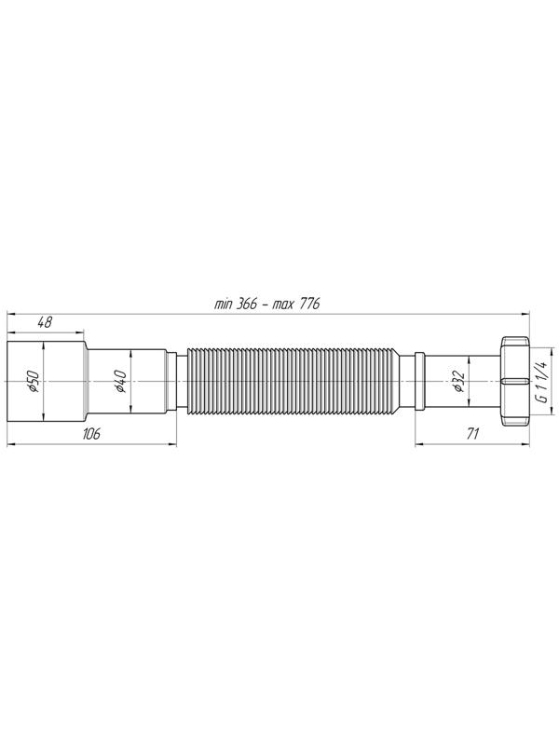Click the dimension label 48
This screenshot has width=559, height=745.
click(45, 322)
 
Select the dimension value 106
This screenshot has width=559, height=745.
click(91, 433)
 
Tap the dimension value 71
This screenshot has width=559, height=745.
click(472, 433)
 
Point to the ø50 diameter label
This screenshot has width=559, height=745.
click(34, 382)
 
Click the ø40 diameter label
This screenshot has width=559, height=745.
click(120, 382)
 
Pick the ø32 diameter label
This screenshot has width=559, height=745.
click(459, 382)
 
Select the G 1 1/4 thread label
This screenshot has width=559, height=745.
click(542, 381)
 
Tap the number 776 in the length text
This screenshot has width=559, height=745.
click(309, 305)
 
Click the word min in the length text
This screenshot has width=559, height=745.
click(223, 305)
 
